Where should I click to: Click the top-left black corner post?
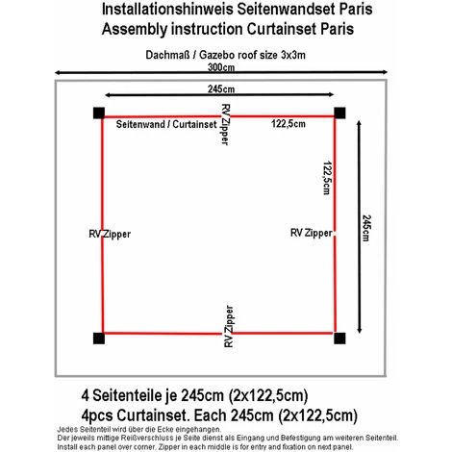[x=99, y=114]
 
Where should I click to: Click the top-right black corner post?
[x=339, y=114]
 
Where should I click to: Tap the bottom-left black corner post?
[x=99, y=338]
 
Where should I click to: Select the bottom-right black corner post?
[x=339, y=338]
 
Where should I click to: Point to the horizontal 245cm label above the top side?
[x=221, y=88]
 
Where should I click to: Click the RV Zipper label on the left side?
[x=109, y=234]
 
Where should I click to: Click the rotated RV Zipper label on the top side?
[x=226, y=125]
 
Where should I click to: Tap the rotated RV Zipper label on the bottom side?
[x=227, y=325]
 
